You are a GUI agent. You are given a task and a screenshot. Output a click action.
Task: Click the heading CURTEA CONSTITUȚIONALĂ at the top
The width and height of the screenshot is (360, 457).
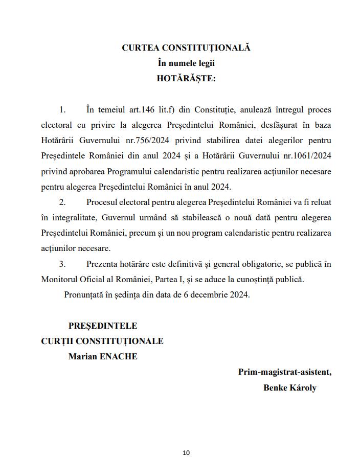[x=186, y=48]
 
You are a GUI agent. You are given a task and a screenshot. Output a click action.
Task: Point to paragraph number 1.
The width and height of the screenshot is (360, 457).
[x=62, y=110]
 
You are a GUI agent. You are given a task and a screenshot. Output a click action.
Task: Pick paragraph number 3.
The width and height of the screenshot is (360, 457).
[x=62, y=264]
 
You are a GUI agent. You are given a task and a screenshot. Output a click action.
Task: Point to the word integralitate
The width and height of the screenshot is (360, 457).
[x=73, y=218]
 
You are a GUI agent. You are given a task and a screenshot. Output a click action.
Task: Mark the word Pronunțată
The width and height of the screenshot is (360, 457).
[x=85, y=295]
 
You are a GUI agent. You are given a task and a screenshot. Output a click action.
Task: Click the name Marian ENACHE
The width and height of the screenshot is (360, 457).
[x=103, y=357]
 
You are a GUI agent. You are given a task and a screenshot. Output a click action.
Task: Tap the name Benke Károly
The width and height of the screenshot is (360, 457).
[x=289, y=387]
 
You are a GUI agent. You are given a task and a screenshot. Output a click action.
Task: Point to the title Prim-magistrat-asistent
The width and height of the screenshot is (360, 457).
[x=284, y=372]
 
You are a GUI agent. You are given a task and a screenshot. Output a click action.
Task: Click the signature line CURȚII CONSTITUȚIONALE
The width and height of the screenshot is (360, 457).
[x=102, y=341]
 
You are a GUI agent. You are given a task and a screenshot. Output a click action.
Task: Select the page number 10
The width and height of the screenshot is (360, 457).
[x=186, y=452]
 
